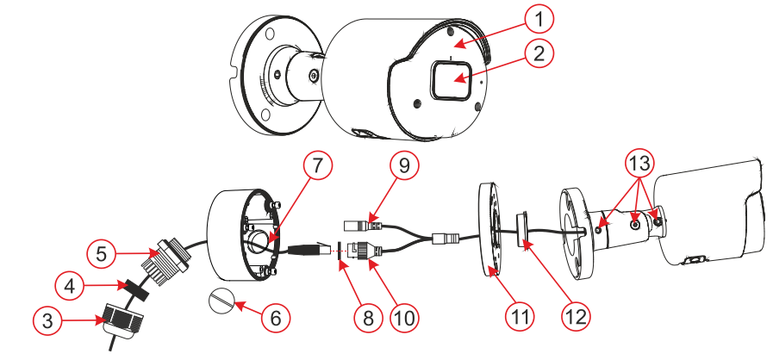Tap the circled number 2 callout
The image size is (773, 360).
(539, 53)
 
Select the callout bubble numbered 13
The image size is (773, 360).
(641, 163)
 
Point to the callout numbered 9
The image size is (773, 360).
(404, 166)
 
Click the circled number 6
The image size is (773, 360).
(275, 318)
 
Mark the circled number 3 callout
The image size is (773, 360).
(48, 321)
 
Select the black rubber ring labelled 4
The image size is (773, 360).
(137, 290)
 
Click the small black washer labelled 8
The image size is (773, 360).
(339, 250)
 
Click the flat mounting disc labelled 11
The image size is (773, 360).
(490, 229)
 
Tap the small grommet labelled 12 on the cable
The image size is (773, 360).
(522, 229)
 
